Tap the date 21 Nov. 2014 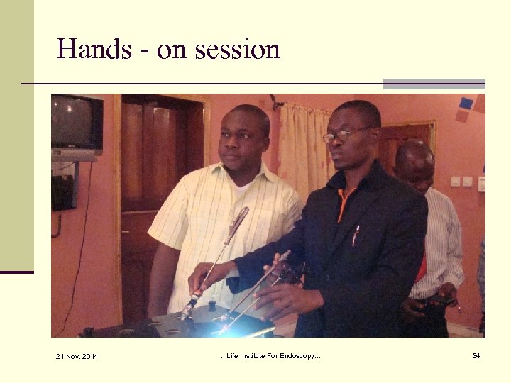coord(77,355)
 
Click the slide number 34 coord(476,355)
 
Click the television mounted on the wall coord(76,126)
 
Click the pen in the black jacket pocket coord(356,235)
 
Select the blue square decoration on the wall coord(466,104)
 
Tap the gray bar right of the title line coord(434,84)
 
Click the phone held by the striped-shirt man coord(439,302)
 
